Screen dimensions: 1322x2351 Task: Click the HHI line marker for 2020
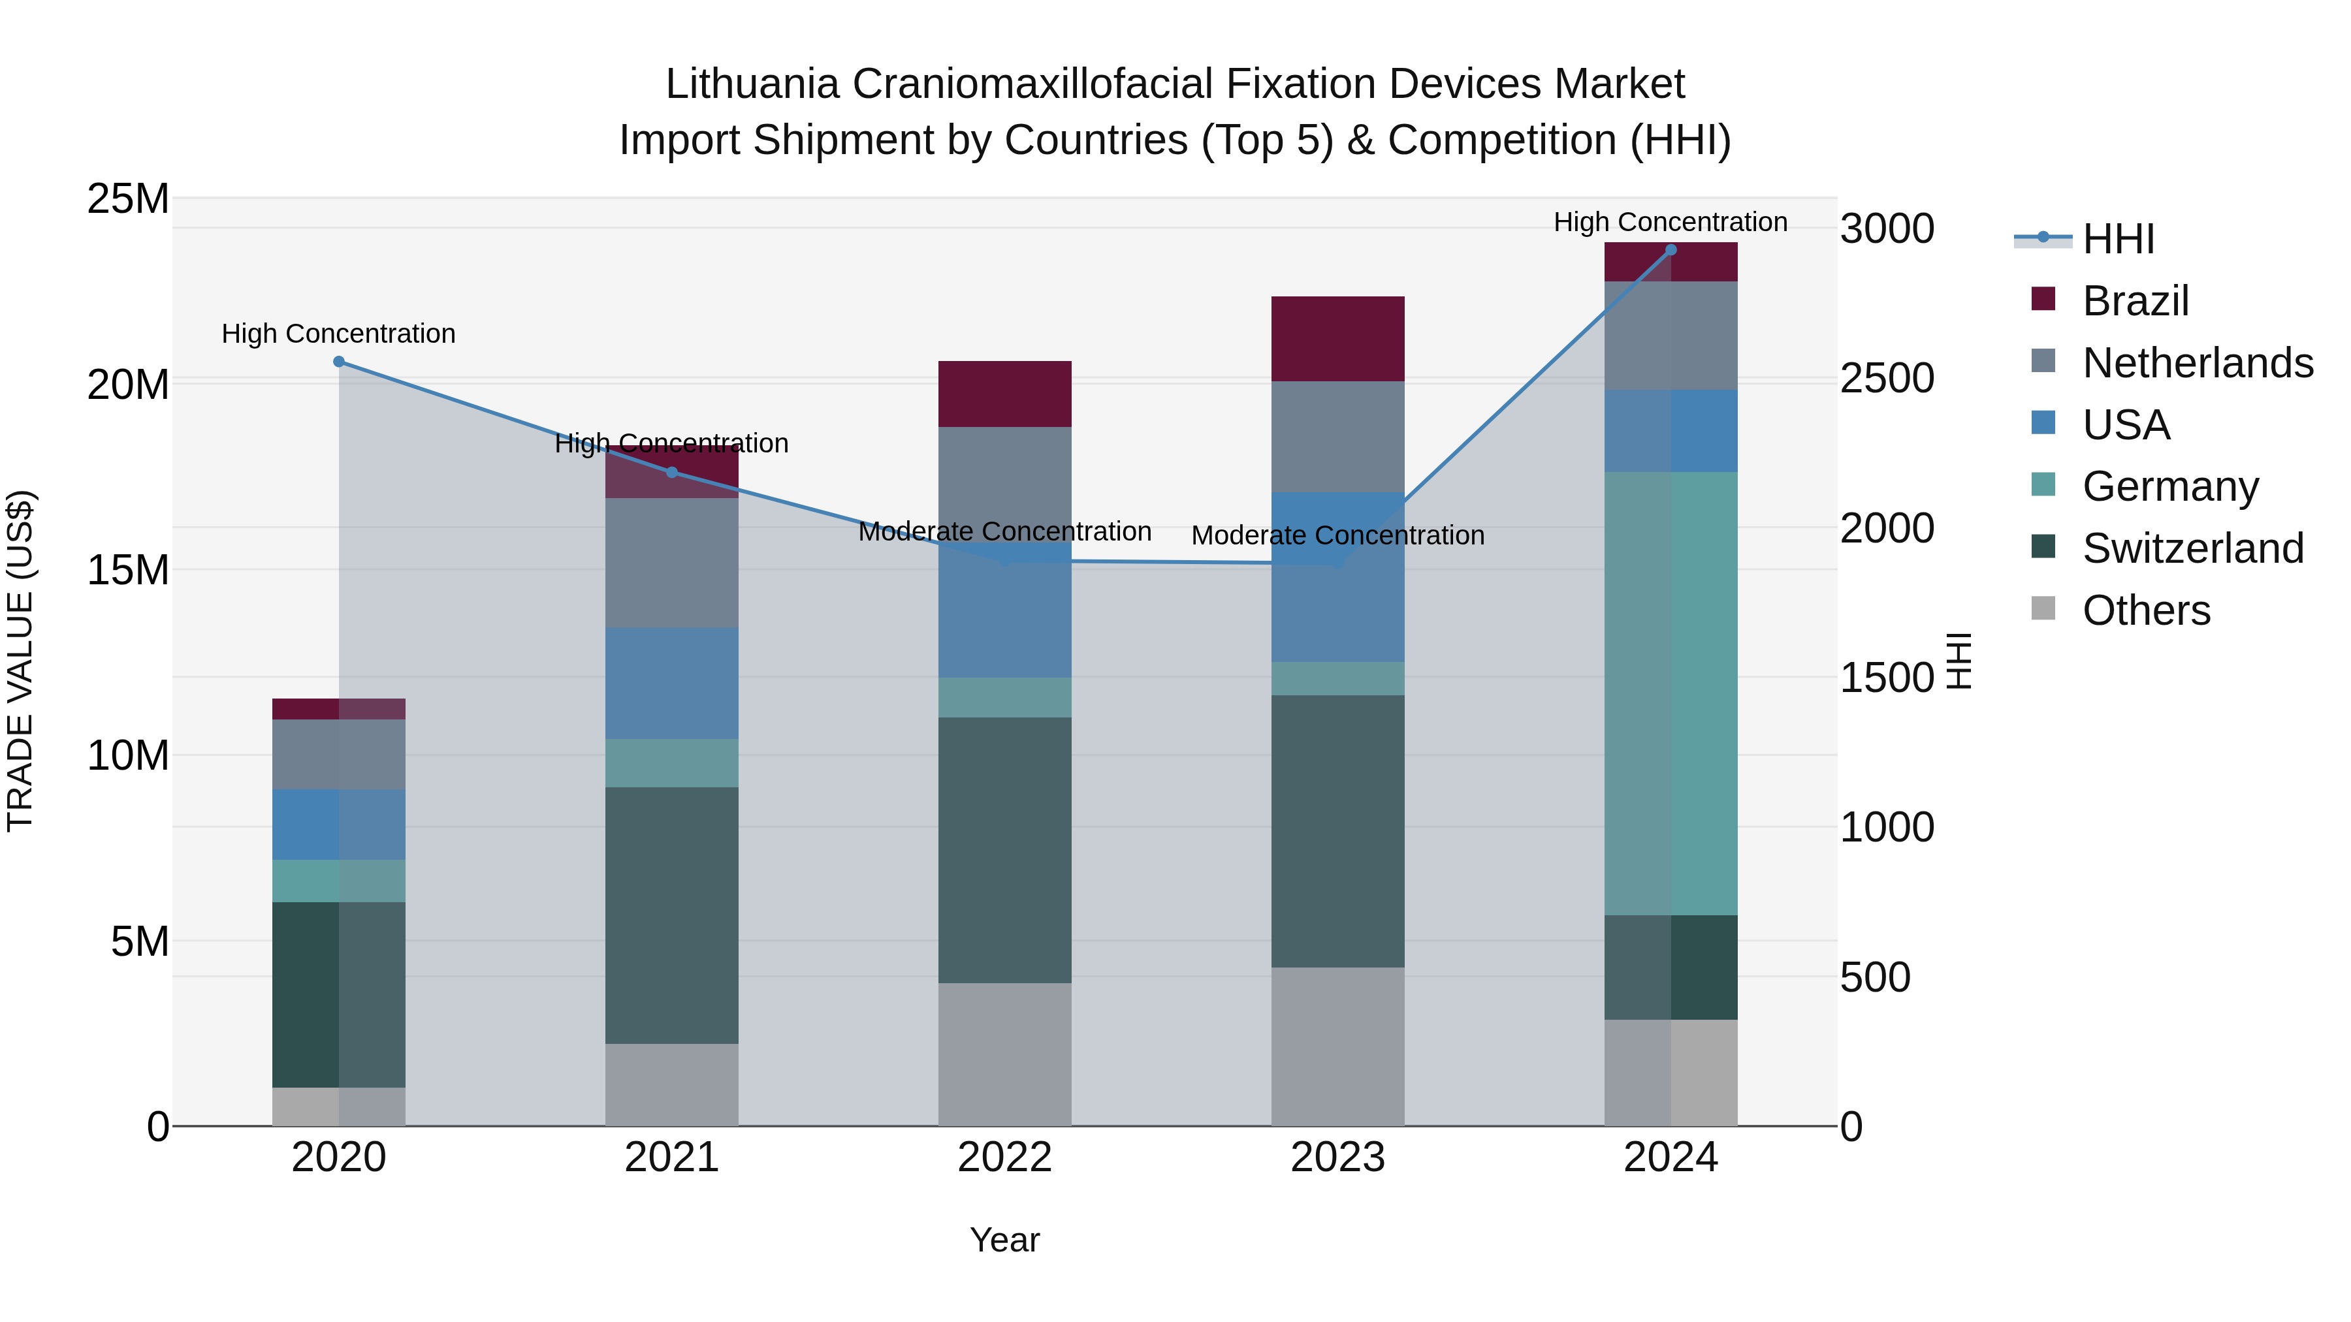pyautogui.click(x=338, y=361)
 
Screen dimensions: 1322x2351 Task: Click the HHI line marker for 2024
pyautogui.click(x=1671, y=249)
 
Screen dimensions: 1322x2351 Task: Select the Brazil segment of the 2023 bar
pyautogui.click(x=1338, y=338)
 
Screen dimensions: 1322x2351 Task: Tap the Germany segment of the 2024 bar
pyautogui.click(x=1671, y=693)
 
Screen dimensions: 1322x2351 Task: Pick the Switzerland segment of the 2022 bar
pyautogui.click(x=1005, y=849)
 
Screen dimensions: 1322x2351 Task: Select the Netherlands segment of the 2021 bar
pyautogui.click(x=672, y=562)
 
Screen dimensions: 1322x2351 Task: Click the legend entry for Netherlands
pyautogui.click(x=2198, y=362)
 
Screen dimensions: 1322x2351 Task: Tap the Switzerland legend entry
pyautogui.click(x=2192, y=548)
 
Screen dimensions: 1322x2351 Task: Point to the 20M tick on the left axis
pyautogui.click(x=128, y=384)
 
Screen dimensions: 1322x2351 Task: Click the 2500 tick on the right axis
pyautogui.click(x=1887, y=378)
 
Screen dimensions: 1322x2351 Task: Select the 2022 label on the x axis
pyautogui.click(x=1005, y=1157)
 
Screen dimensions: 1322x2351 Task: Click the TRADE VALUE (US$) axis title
pyautogui.click(x=20, y=661)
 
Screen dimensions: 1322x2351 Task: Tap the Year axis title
pyautogui.click(x=1005, y=1240)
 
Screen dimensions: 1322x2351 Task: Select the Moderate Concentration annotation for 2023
pyautogui.click(x=1338, y=535)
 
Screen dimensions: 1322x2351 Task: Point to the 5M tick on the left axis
pyautogui.click(x=140, y=941)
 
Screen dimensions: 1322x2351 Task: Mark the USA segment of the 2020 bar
pyautogui.click(x=338, y=824)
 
